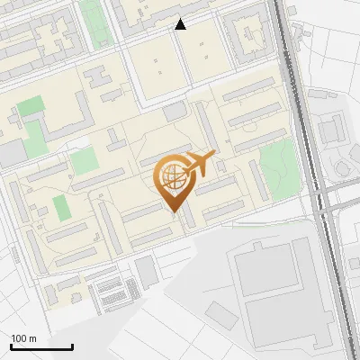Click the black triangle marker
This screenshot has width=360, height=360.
point(181,24)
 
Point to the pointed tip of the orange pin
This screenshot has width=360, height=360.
point(173,211)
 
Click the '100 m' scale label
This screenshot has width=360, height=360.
point(23,338)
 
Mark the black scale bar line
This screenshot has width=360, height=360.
point(41,346)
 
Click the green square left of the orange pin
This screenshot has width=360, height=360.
point(84,162)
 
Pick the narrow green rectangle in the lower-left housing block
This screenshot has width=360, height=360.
point(60,208)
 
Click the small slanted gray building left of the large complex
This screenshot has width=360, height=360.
point(220,314)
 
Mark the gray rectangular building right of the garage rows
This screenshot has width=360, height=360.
point(147,271)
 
